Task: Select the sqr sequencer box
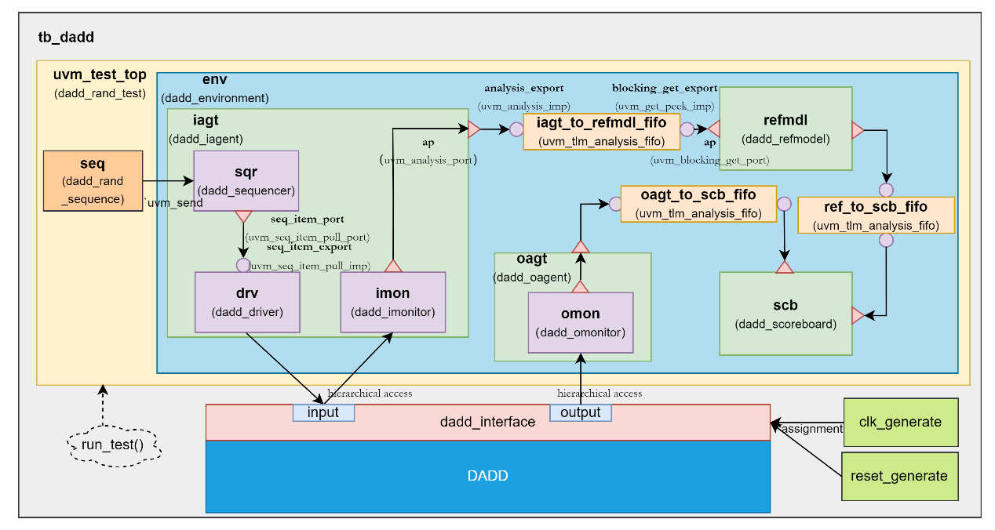(246, 180)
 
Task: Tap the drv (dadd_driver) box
(246, 302)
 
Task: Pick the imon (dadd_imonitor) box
(392, 302)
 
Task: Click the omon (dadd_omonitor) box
(580, 323)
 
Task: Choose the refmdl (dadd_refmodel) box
(785, 129)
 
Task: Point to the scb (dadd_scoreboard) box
(785, 314)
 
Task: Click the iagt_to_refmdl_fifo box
(601, 131)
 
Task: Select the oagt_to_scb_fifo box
(698, 204)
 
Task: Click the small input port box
(323, 412)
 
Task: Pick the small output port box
(580, 412)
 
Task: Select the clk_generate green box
(901, 422)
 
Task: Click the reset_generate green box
(901, 476)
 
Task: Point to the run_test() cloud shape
(114, 447)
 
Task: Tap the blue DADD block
(487, 476)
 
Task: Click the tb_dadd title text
(67, 37)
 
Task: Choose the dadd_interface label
(487, 422)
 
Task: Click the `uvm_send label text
(173, 203)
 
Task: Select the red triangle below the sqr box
(243, 216)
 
